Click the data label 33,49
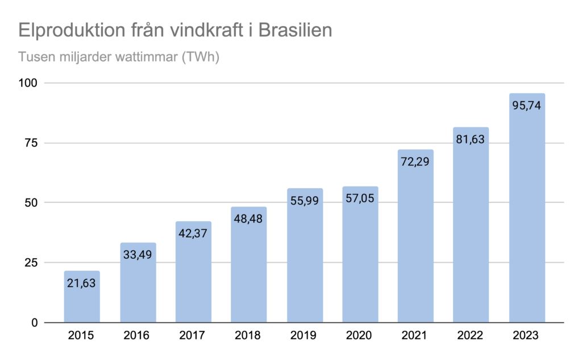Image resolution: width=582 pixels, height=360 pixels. click(x=138, y=254)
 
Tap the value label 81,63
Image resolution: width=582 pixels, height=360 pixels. click(x=471, y=138)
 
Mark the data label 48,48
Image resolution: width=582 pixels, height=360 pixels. click(x=249, y=218)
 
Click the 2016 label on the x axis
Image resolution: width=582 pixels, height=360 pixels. click(x=138, y=336)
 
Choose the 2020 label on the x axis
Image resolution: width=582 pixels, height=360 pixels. click(x=360, y=336)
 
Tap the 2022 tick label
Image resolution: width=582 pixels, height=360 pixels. click(x=471, y=336)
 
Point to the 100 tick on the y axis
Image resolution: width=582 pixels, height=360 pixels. click(x=28, y=83)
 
